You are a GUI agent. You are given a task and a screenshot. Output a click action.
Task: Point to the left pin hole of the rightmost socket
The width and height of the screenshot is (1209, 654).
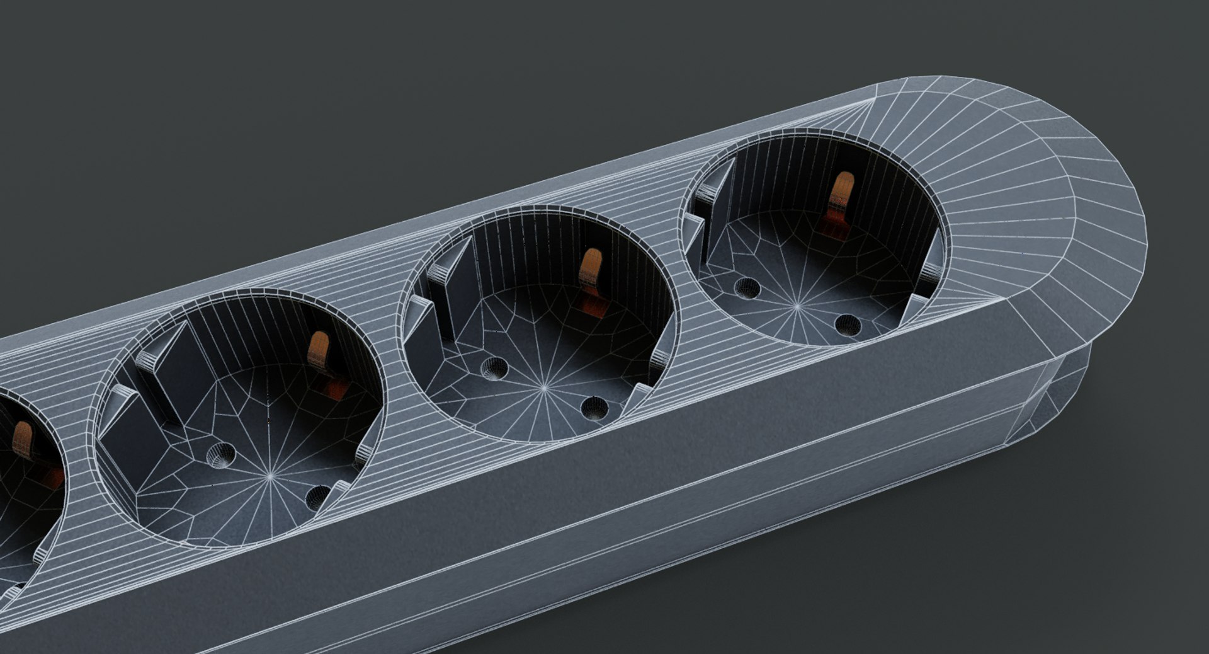pyautogui.click(x=747, y=288)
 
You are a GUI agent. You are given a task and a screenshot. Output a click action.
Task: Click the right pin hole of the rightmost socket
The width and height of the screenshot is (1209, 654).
pyautogui.click(x=848, y=324)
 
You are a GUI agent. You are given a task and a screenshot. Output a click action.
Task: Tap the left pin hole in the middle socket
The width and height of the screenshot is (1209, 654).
pyautogui.click(x=494, y=368)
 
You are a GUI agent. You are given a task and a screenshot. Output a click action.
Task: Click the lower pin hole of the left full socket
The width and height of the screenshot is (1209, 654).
pyautogui.click(x=318, y=497)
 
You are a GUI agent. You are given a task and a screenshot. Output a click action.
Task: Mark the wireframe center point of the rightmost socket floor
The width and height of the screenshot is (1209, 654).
pyautogui.click(x=797, y=306)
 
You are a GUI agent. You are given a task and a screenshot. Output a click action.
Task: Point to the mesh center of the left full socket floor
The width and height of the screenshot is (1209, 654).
pyautogui.click(x=271, y=476)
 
